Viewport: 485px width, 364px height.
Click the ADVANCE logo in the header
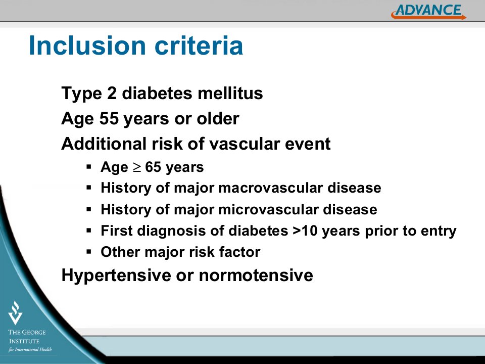[x=429, y=12]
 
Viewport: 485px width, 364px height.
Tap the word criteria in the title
[x=199, y=46]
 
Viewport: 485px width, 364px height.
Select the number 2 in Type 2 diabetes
[x=112, y=93]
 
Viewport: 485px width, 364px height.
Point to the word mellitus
[x=230, y=93]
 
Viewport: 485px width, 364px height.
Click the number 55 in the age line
[x=109, y=118]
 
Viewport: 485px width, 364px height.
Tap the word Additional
[x=104, y=144]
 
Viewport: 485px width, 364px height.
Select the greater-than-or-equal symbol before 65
[x=136, y=168]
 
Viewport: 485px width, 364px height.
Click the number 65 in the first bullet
[x=153, y=167]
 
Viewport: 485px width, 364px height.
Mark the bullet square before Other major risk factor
[x=89, y=251]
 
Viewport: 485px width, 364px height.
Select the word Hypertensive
[x=116, y=275]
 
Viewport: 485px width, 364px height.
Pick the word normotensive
[x=256, y=276]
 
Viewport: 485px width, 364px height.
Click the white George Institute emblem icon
[x=15, y=312]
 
